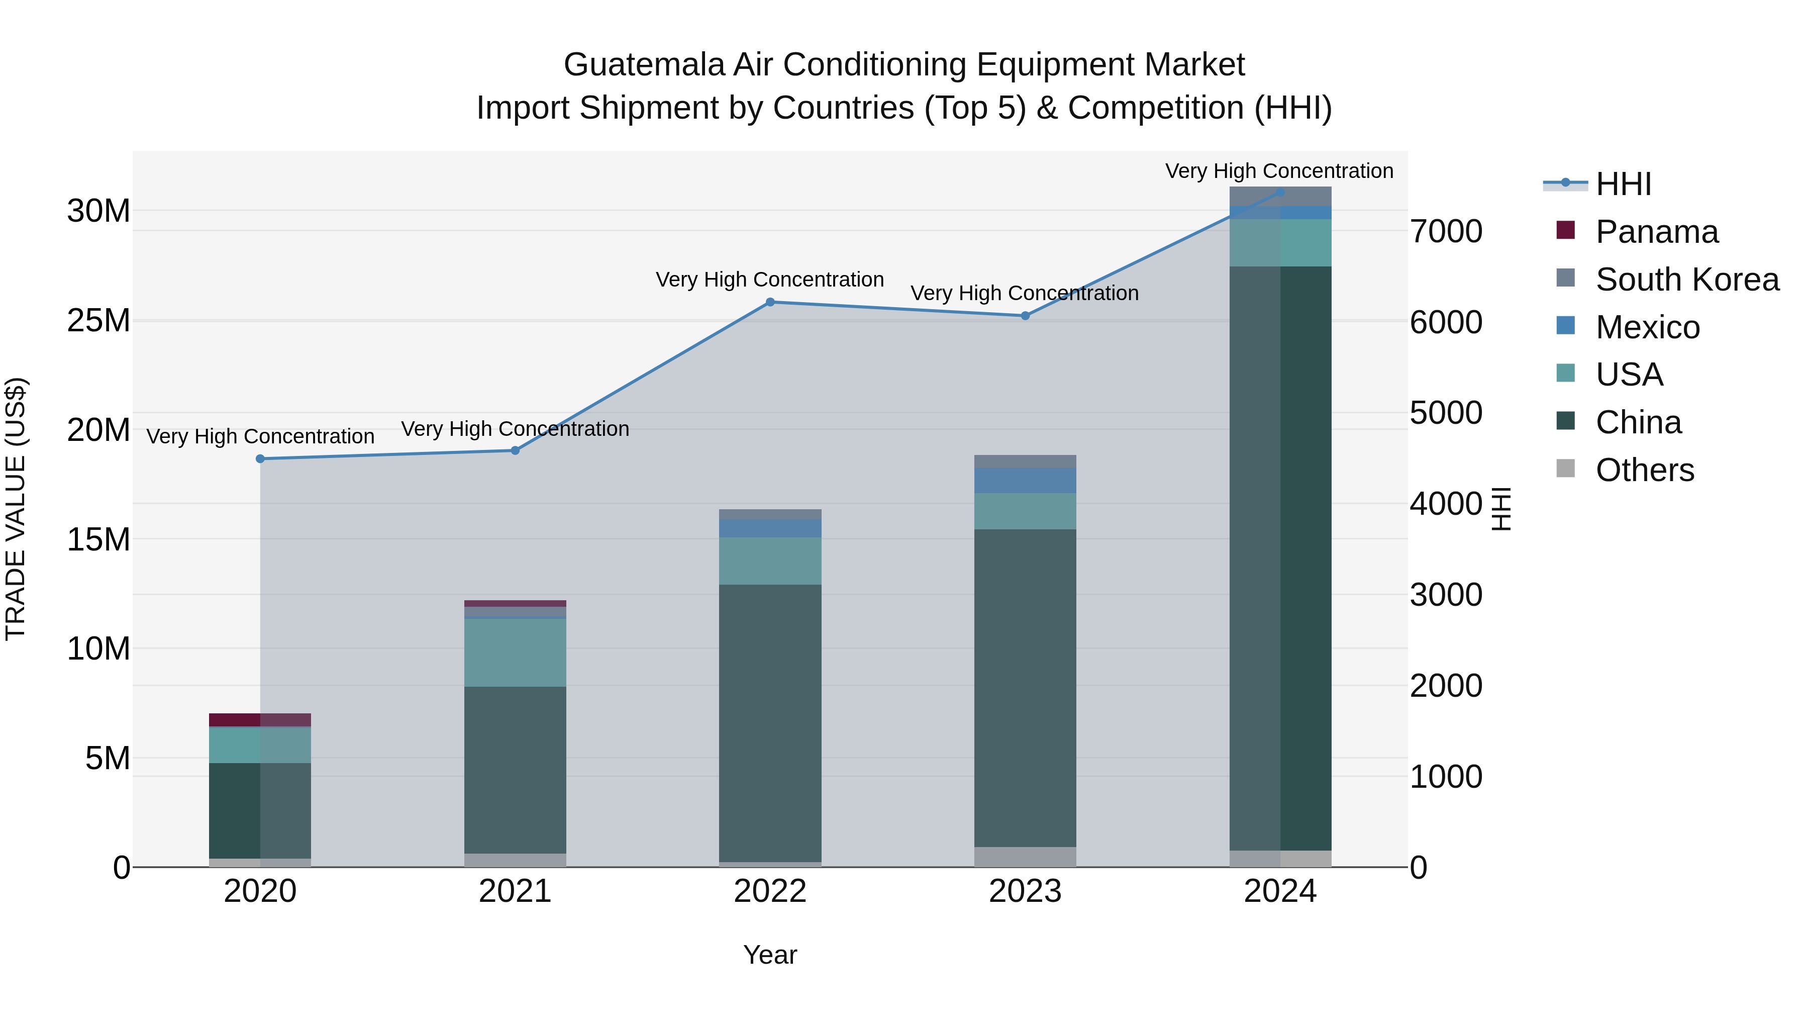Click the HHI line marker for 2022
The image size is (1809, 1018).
click(770, 302)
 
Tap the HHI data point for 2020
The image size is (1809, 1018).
click(260, 459)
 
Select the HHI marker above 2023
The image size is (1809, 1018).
click(1025, 316)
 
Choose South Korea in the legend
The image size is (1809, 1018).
click(1687, 280)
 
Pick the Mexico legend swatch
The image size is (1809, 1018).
click(1565, 326)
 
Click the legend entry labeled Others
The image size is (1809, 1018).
click(1644, 470)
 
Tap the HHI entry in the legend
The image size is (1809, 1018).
click(1623, 184)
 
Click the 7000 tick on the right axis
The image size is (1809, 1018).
click(1446, 231)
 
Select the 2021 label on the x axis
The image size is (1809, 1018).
click(515, 891)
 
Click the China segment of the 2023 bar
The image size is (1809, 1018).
click(1025, 689)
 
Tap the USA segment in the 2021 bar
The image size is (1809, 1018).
click(515, 652)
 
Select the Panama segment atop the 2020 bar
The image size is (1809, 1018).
click(260, 719)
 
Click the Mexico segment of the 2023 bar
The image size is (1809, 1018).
click(1025, 481)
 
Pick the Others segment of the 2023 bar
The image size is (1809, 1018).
click(1025, 857)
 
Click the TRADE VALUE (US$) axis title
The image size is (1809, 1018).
click(16, 509)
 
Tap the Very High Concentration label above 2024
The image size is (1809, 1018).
click(1279, 171)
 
